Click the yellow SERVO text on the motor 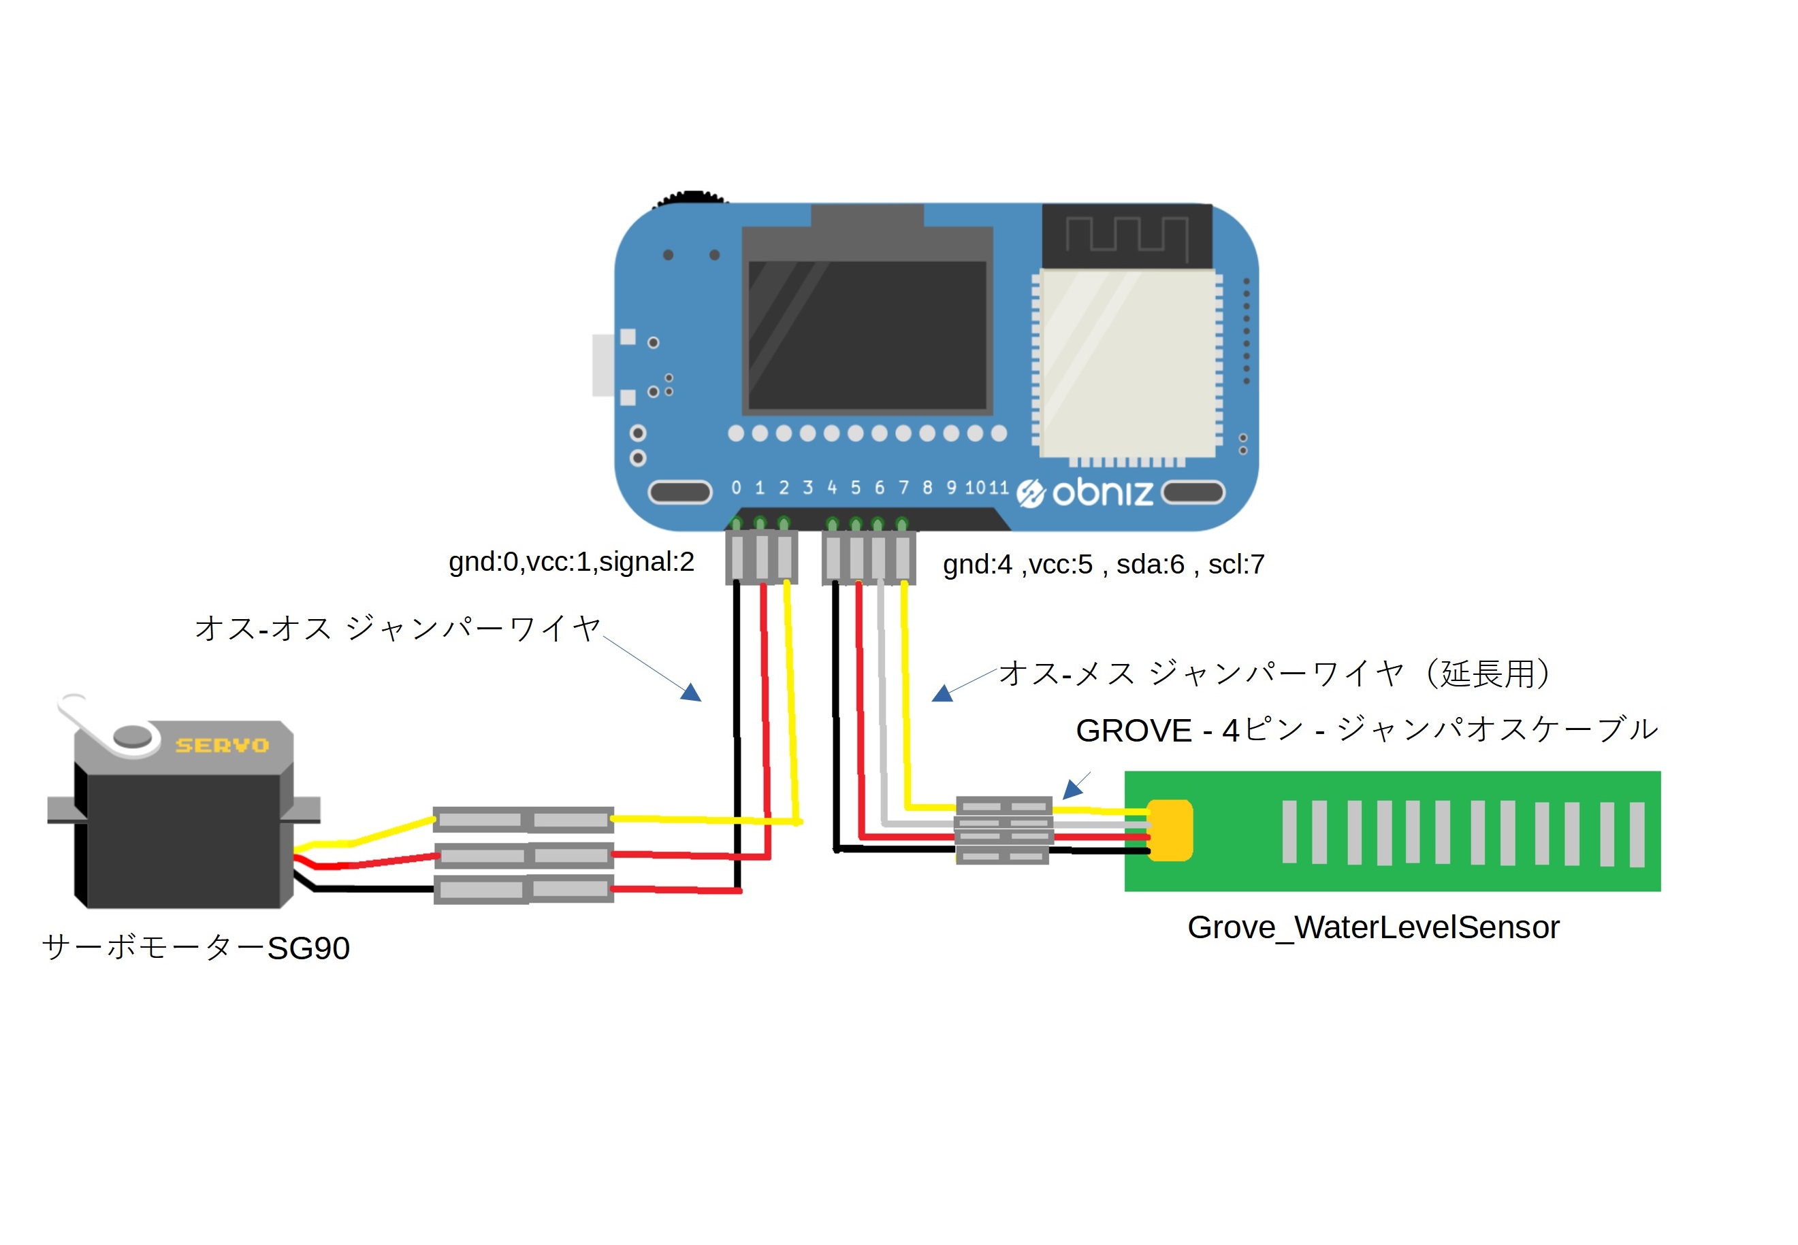222,745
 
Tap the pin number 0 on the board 736,488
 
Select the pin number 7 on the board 903,488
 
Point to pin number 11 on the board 999,488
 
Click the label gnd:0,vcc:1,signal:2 571,562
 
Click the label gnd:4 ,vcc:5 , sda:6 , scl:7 1103,564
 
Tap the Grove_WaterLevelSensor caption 1372,927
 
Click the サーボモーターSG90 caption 195,947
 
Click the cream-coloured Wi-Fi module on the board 1127,363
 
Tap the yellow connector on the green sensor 1170,830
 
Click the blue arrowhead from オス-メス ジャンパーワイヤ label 942,693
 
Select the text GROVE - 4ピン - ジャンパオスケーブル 1366,730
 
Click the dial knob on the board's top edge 690,197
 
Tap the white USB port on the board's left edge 603,365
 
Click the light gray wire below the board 882,702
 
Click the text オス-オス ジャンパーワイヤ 396,628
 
